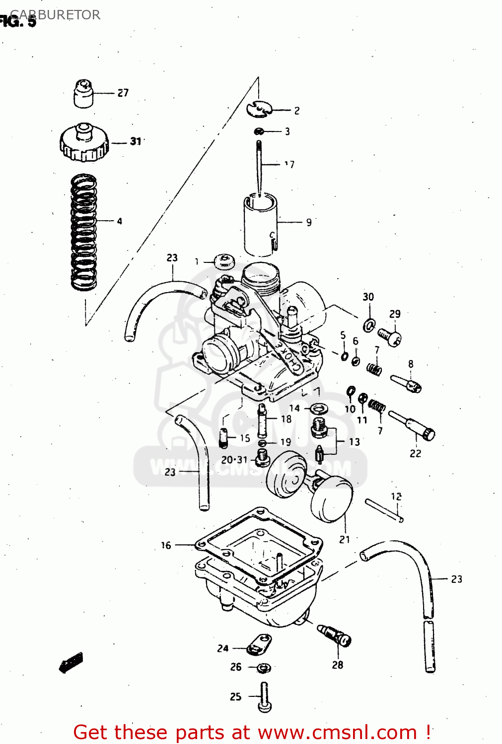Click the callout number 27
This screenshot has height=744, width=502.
coord(123,93)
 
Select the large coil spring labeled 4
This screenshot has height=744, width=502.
coord(83,232)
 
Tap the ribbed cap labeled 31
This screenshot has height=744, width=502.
coord(84,143)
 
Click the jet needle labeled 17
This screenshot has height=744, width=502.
coord(259,166)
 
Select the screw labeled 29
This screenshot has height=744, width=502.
coord(390,337)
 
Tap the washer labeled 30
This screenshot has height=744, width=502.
coord(368,325)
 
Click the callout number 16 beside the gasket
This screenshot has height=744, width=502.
coord(166,545)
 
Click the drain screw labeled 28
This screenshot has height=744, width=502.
coord(335,636)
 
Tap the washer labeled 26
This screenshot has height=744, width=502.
coord(264,668)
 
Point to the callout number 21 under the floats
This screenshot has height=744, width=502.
coord(345,539)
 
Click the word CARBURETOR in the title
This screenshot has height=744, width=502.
coord(56,15)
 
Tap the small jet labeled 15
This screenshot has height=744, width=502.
coord(223,438)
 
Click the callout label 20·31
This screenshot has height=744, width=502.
coord(234,460)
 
